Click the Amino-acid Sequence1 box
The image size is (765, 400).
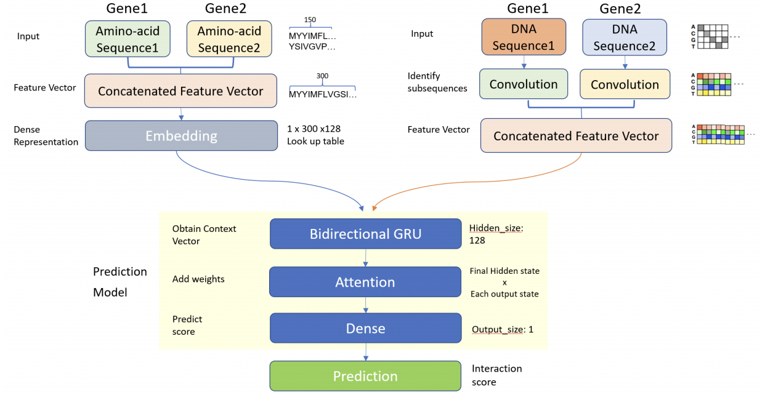coord(127,39)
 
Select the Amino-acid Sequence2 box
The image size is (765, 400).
coord(229,39)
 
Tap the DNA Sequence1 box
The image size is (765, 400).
coord(524,38)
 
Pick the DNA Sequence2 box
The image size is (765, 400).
coord(625,38)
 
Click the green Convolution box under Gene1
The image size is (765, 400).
coord(524,85)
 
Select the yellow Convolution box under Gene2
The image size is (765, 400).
coord(625,85)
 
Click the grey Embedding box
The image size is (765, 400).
coord(181,135)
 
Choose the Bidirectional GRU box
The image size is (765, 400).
coord(365,234)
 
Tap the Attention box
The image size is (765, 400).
coord(365,282)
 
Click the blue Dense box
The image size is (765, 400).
coord(365,329)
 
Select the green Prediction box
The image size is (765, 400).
coord(365,376)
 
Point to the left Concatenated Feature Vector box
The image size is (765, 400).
coord(180,91)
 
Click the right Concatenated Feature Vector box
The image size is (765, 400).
coord(576,136)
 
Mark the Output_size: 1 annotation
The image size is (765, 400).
coord(503,330)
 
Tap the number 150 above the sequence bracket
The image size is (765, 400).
coord(310,20)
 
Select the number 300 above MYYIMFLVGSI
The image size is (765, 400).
coord(322,76)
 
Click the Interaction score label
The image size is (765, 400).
coord(496,375)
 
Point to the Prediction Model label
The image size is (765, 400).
coord(119,282)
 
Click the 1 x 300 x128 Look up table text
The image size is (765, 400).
coord(315,135)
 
